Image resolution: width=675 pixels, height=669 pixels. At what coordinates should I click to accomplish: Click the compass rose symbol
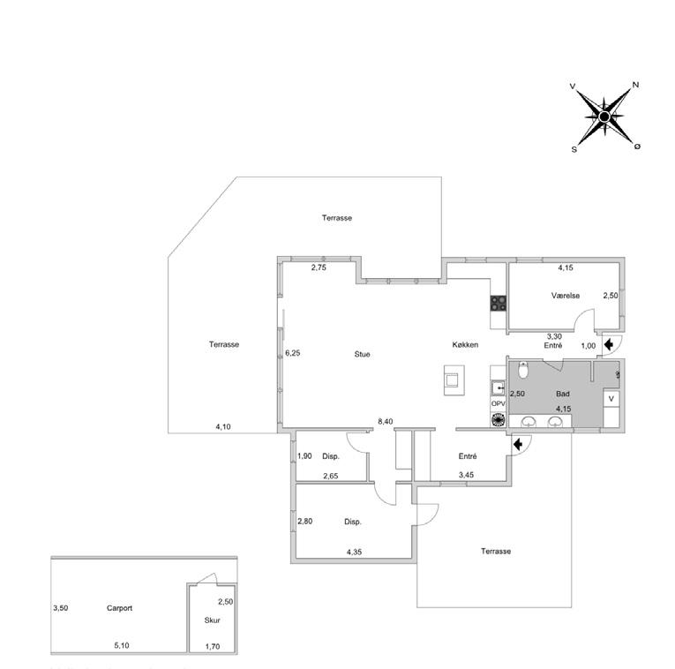pos(604,117)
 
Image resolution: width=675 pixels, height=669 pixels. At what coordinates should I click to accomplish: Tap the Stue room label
pos(362,354)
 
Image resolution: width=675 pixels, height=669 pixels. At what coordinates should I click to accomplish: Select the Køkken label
pos(465,345)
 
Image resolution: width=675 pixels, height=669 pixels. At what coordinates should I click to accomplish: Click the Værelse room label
pos(565,297)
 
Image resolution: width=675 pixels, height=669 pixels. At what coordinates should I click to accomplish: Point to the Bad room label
pos(562,394)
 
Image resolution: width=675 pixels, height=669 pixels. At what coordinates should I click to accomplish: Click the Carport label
pos(119,608)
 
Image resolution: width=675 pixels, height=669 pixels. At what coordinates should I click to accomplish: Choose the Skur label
pos(212,620)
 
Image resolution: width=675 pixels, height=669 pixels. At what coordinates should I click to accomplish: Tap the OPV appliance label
pos(498,403)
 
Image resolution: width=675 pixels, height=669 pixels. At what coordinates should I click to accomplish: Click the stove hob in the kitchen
pos(498,302)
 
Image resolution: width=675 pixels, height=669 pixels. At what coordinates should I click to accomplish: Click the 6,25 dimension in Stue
pos(293,353)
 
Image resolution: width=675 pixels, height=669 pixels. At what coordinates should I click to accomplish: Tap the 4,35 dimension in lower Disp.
pos(354,552)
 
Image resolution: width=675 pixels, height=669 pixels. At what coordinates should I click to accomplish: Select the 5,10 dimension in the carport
pos(122,646)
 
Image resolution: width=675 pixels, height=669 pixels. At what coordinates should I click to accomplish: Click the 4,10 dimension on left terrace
pos(223,427)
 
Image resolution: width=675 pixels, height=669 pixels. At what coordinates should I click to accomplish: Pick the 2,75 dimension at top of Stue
pos(319,267)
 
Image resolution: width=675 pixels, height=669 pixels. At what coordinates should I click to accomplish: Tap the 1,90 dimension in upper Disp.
pos(304,456)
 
